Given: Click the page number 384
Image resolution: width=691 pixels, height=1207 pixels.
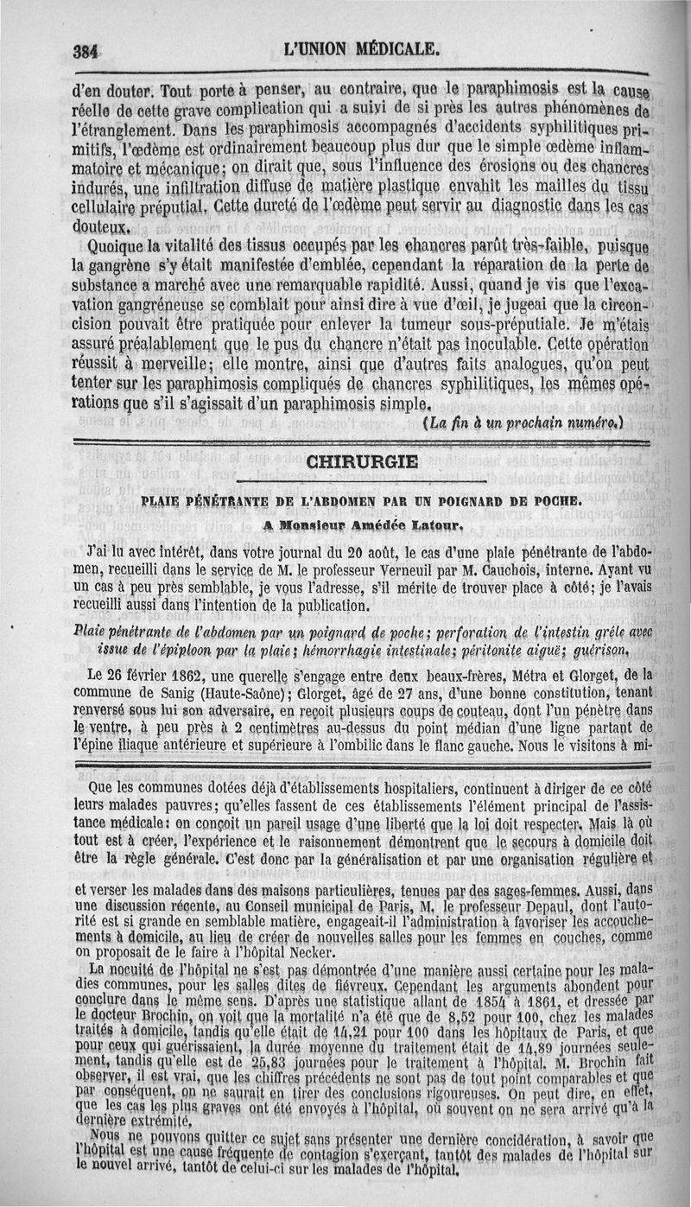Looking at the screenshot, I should (x=85, y=50).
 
